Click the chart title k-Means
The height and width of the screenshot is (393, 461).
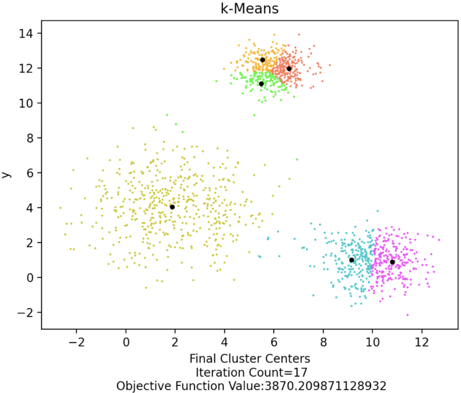point(250,8)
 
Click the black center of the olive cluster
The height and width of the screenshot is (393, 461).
point(172,207)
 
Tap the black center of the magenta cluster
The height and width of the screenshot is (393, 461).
point(392,262)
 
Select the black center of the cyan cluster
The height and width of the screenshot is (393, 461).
point(351,260)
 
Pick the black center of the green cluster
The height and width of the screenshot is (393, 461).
point(261,84)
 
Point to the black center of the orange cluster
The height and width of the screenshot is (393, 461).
point(263,60)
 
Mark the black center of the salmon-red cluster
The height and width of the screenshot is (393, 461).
point(289,68)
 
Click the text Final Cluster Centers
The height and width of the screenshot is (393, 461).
point(250,359)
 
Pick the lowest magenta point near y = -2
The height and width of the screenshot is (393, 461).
point(407,315)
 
